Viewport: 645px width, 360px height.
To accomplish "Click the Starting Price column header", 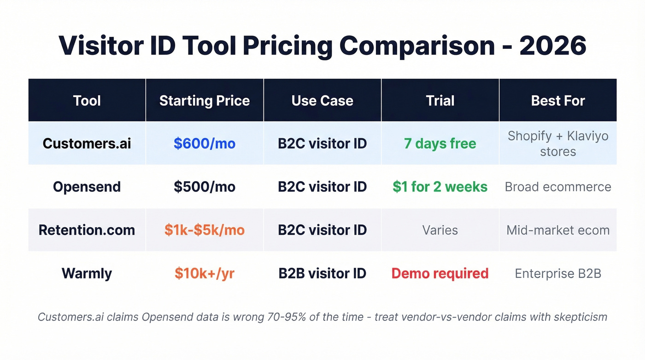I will tap(205, 100).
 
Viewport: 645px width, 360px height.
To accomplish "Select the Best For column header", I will tap(558, 100).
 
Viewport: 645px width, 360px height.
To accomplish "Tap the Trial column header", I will tap(440, 100).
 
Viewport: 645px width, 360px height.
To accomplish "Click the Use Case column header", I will tap(322, 100).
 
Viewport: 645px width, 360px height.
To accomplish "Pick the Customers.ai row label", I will tap(87, 143).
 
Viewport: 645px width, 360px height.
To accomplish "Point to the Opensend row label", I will tap(87, 187).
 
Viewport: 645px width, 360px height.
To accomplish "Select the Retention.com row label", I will tap(87, 230).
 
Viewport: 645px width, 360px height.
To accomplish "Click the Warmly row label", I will tap(87, 273).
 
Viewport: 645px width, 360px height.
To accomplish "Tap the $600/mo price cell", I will tap(205, 143).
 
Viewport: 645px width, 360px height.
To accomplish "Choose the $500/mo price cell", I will tap(205, 187).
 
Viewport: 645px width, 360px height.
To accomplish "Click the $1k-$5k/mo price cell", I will tap(205, 230).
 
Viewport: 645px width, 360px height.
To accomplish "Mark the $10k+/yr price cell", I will tap(205, 273).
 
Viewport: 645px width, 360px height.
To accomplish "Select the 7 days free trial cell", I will tap(440, 143).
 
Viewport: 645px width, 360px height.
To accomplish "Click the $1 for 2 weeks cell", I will tap(440, 187).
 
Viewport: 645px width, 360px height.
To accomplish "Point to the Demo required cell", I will tap(440, 273).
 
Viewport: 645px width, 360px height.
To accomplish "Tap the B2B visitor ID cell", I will tap(322, 273).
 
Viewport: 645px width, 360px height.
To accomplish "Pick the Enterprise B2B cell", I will tap(558, 273).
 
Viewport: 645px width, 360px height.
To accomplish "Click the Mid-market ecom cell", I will tap(558, 230).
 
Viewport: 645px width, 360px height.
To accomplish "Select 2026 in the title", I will tap(553, 45).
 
